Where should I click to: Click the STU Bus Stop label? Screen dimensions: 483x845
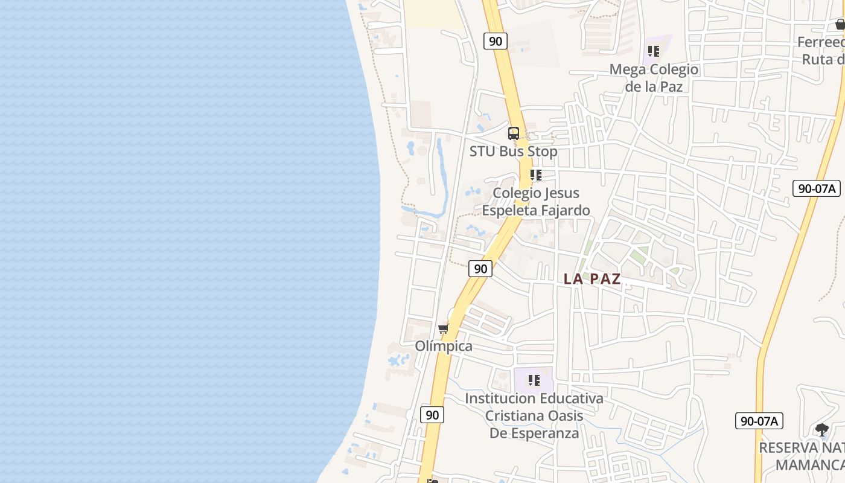pyautogui.click(x=513, y=152)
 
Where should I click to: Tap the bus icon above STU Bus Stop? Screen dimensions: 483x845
pyautogui.click(x=514, y=133)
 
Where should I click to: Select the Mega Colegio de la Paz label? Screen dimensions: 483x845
pyautogui.click(x=654, y=78)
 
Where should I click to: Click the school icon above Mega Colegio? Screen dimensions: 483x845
pyautogui.click(x=654, y=51)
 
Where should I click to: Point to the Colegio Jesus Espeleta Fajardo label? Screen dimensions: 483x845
pyautogui.click(x=536, y=202)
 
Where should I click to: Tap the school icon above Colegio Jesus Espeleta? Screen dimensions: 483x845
pyautogui.click(x=535, y=175)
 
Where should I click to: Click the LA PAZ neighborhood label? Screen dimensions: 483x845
pyautogui.click(x=592, y=279)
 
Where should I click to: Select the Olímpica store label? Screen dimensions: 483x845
pyautogui.click(x=444, y=347)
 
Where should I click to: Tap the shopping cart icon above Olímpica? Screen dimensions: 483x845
pyautogui.click(x=444, y=329)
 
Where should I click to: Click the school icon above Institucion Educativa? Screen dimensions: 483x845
pyautogui.click(x=534, y=380)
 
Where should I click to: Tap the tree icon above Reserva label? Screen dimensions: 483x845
pyautogui.click(x=821, y=430)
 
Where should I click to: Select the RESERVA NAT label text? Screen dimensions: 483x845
pyautogui.click(x=802, y=448)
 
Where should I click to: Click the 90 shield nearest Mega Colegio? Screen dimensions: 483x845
pyautogui.click(x=495, y=41)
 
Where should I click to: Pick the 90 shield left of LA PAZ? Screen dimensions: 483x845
pyautogui.click(x=480, y=269)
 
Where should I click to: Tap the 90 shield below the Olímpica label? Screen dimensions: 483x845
pyautogui.click(x=432, y=415)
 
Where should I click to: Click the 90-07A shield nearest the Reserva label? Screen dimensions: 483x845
pyautogui.click(x=759, y=421)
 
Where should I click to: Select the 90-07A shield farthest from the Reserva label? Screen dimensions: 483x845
pyautogui.click(x=817, y=188)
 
